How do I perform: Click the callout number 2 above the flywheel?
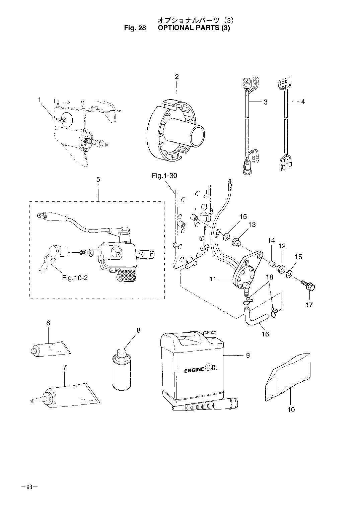coord(176,77)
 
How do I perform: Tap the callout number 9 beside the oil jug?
coord(247,355)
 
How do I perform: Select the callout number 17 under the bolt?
coord(309,305)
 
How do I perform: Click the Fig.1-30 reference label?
coord(164,176)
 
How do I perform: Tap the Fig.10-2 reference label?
coord(75,278)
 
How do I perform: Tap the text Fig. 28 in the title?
coord(135,28)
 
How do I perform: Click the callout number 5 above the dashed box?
coord(98,179)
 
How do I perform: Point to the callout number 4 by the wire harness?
coord(303,101)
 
